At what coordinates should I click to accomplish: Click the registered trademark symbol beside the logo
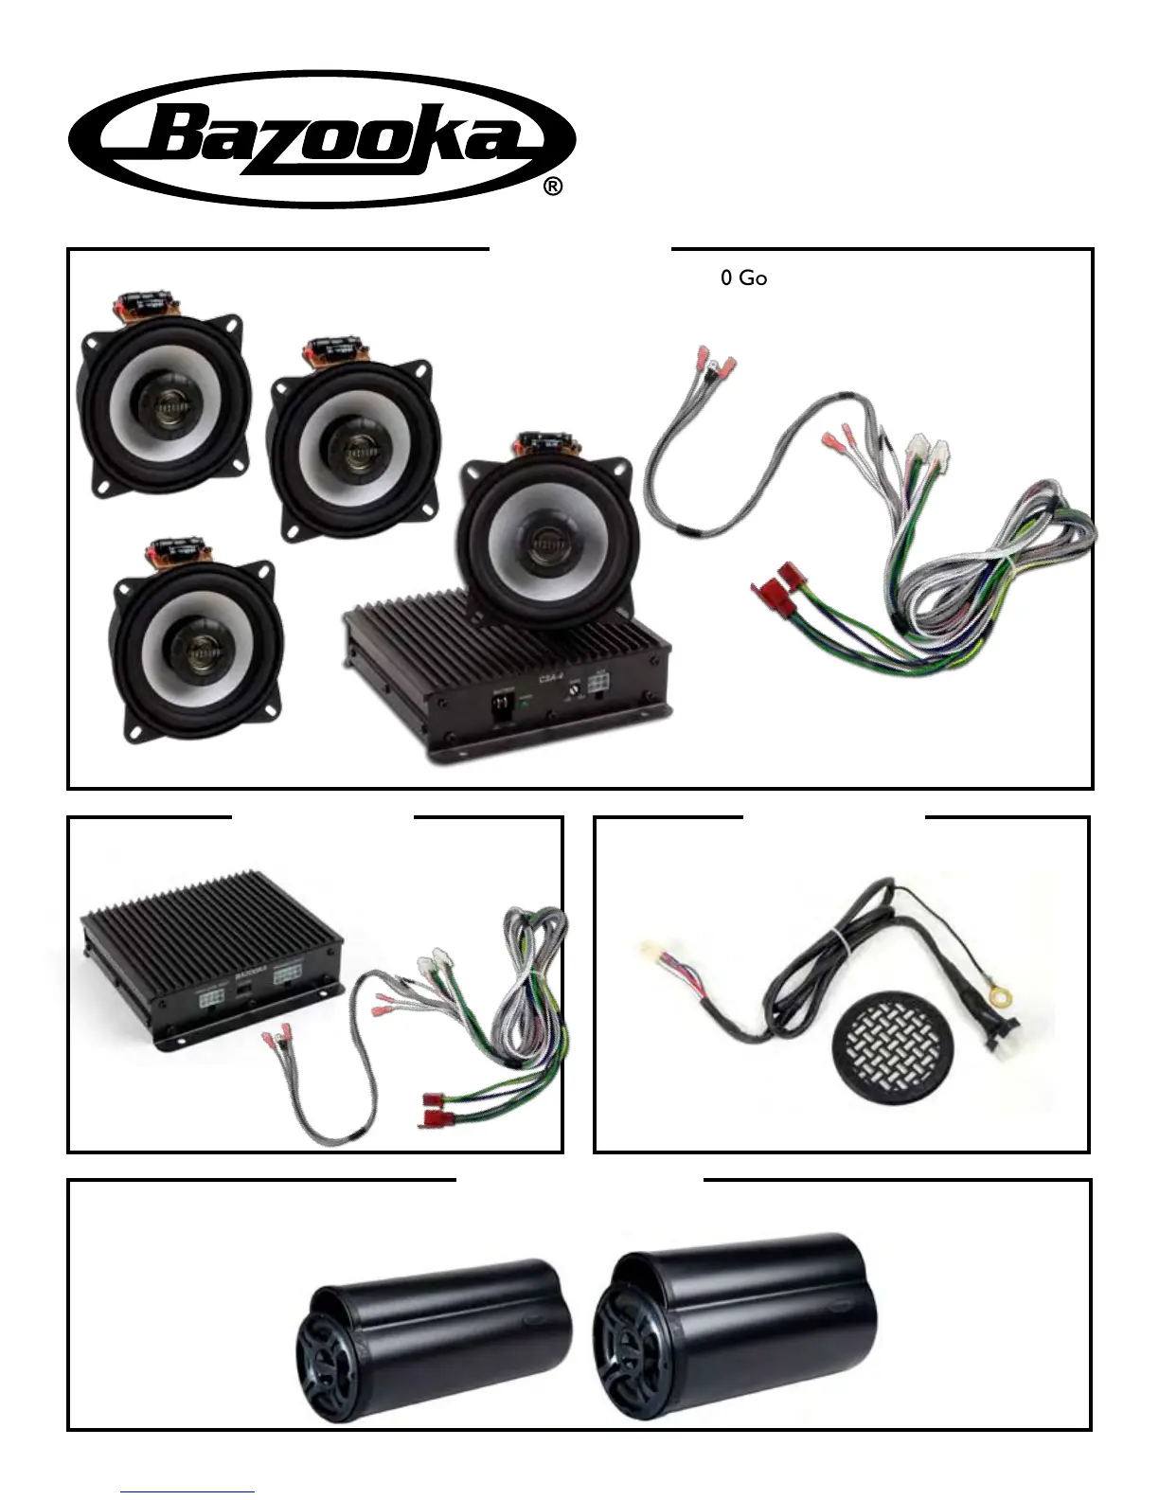coord(554,187)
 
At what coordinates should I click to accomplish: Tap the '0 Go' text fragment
coord(743,278)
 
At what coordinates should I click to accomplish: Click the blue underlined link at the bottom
coord(187,1491)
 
